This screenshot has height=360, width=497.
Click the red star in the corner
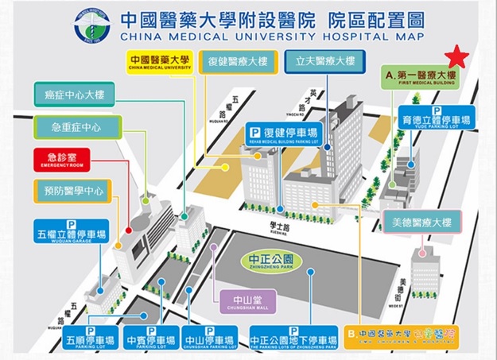click(x=456, y=57)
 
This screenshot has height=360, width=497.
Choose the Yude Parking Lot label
click(x=437, y=118)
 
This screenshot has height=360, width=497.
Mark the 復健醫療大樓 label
click(x=237, y=61)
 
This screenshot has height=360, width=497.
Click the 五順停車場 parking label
click(x=91, y=337)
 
